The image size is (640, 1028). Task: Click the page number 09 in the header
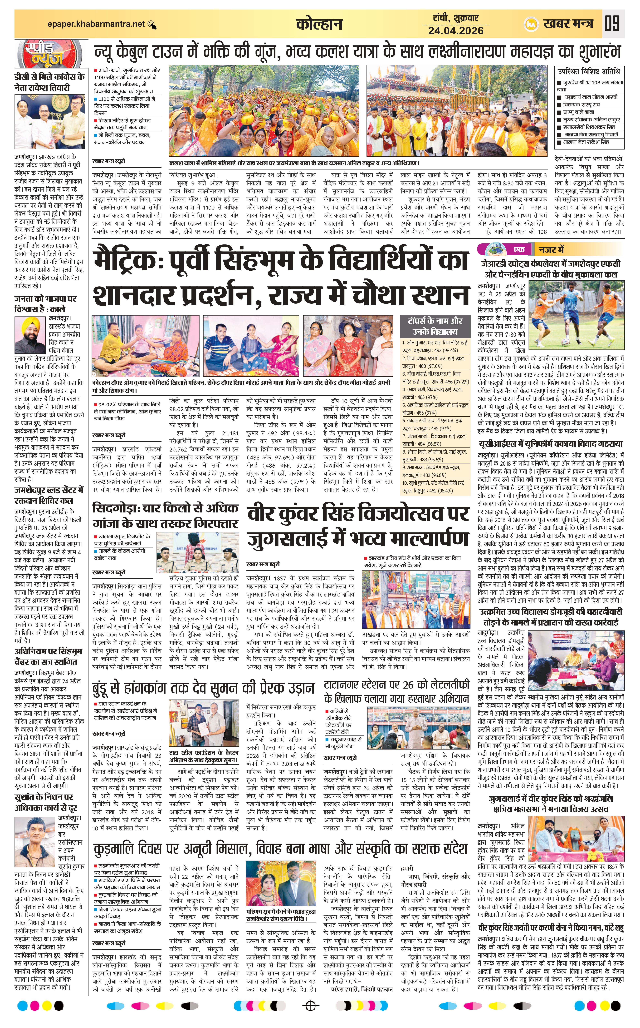click(612, 23)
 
